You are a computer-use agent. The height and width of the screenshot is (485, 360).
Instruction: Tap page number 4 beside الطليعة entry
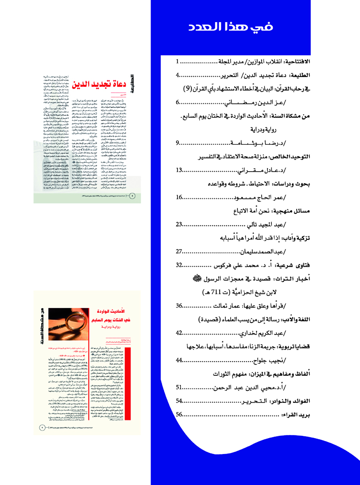pyautogui.click(x=178, y=75)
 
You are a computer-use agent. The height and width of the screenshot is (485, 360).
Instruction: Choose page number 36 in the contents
pyautogui.click(x=179, y=306)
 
